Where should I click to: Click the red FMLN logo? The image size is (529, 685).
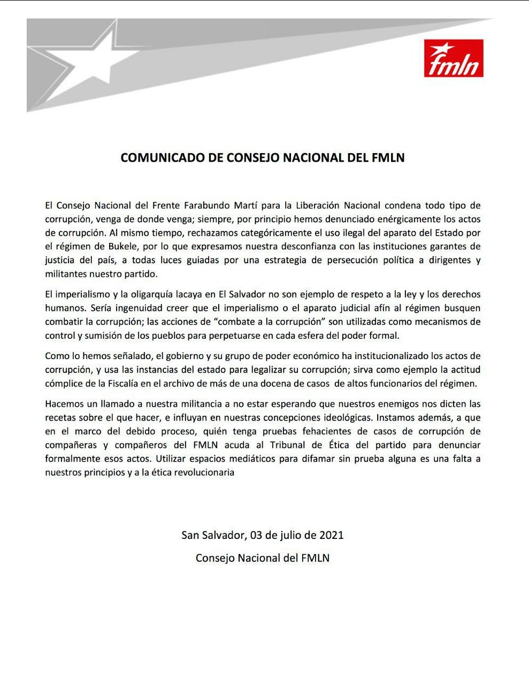pyautogui.click(x=454, y=58)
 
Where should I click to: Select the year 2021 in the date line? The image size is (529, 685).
pyautogui.click(x=332, y=535)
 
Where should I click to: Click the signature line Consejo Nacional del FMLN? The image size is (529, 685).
pyautogui.click(x=263, y=558)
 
